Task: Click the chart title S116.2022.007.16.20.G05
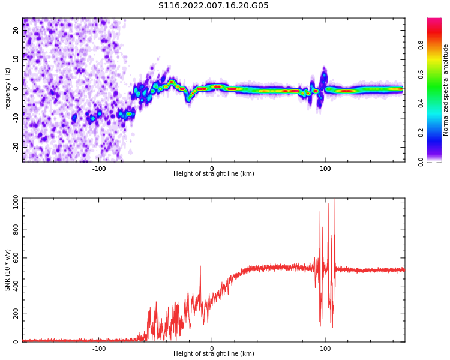(x=214, y=6)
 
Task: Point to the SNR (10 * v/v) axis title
(x=8, y=270)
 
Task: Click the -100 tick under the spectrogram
(x=99, y=169)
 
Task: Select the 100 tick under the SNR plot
(x=325, y=349)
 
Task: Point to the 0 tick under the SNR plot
(x=212, y=349)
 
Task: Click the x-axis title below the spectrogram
(x=214, y=174)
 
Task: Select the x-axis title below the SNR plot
(x=214, y=354)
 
